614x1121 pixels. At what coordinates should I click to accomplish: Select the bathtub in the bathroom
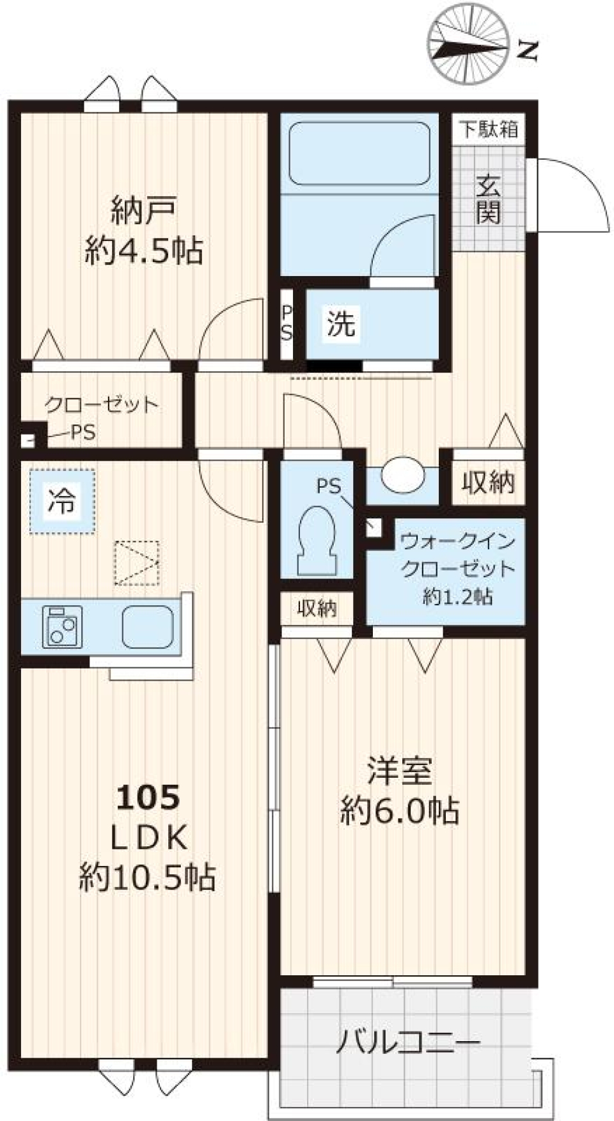[x=359, y=153]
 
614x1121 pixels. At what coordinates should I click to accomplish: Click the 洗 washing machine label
[x=340, y=323]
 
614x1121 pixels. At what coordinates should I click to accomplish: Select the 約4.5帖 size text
[x=143, y=250]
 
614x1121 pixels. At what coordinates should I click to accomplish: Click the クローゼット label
[x=101, y=404]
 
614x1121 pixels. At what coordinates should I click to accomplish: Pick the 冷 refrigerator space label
[x=62, y=500]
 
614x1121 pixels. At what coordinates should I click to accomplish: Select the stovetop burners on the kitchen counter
[x=62, y=627]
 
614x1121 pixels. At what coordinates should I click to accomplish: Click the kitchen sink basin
[x=148, y=626]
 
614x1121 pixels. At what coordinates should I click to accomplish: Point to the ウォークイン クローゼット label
[x=457, y=554]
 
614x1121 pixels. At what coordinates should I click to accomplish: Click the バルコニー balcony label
[x=407, y=1042]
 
